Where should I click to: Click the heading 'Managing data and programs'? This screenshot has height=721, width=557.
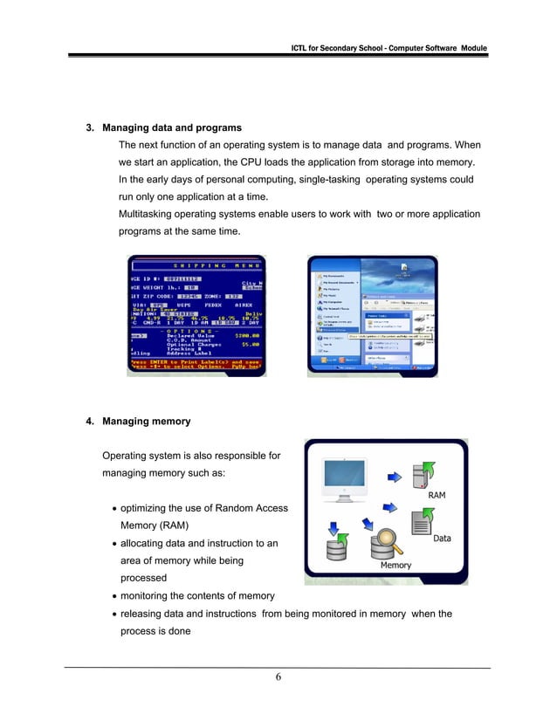coord(171,128)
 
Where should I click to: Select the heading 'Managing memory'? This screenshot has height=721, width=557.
coord(146,422)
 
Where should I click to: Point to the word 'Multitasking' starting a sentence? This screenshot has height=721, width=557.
coord(148,214)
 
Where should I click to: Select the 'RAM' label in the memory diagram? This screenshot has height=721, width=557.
coord(437,495)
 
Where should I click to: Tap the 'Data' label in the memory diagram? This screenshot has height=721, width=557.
coord(442,539)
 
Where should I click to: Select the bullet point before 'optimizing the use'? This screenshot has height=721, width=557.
coord(114,509)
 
